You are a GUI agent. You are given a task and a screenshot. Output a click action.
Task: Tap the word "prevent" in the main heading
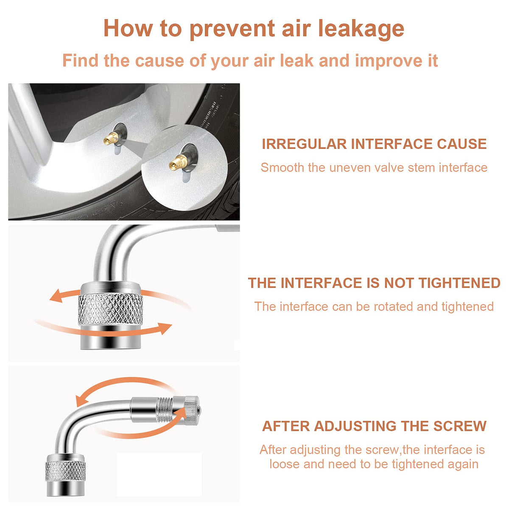pyautogui.click(x=232, y=30)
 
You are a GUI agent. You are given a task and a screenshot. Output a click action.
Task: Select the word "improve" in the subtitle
pyautogui.click(x=389, y=61)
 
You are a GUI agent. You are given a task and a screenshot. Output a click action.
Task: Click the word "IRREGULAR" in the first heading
pyautogui.click(x=304, y=144)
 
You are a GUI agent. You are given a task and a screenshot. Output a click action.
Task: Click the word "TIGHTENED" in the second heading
pyautogui.click(x=460, y=283)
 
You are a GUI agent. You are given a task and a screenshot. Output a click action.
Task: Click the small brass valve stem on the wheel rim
pyautogui.click(x=111, y=138)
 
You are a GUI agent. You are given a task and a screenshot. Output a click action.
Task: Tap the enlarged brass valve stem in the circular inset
pyautogui.click(x=179, y=162)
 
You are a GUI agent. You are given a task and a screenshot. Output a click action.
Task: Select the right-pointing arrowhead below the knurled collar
pyautogui.click(x=165, y=328)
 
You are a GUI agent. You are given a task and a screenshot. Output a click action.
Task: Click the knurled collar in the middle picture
pyautogui.click(x=110, y=309)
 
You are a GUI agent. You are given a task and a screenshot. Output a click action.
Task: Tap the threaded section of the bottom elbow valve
pyautogui.click(x=164, y=409)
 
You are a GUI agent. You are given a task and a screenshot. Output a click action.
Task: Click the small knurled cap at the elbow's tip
pyautogui.click(x=191, y=410)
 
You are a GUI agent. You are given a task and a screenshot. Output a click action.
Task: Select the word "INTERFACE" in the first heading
pyautogui.click(x=392, y=144)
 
